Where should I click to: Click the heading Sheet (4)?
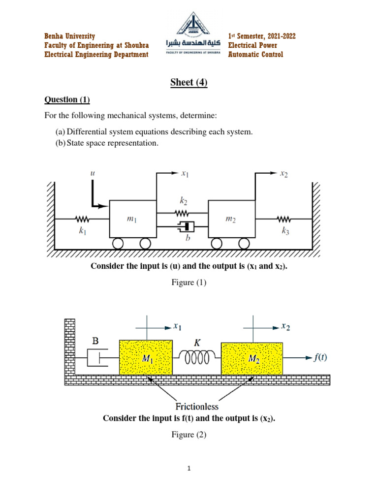coord(189,83)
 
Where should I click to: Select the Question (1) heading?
coord(67,100)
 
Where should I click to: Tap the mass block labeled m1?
coord(132,220)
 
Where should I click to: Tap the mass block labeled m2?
coord(231,220)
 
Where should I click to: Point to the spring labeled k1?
coord(81,218)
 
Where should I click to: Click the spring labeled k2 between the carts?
coord(182,213)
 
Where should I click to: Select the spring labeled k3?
coord(284,218)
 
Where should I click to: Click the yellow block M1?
coord(146,359)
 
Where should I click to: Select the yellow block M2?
coord(252,359)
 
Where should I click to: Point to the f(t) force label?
coord(321,358)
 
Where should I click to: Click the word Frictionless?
coord(196,407)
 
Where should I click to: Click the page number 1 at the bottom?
coord(189,469)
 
